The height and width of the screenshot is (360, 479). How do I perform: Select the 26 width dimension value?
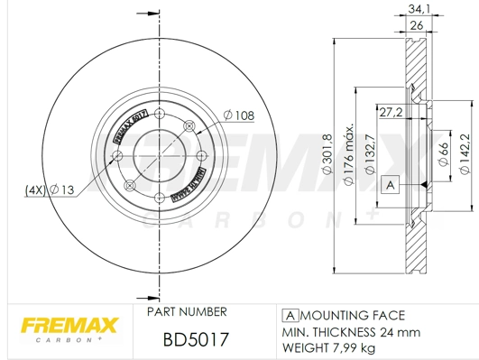pyautogui.click(x=417, y=26)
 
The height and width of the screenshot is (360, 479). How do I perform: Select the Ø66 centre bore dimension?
pyautogui.click(x=444, y=152)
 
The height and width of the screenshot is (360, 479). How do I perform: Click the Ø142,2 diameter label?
pyautogui.click(x=465, y=154)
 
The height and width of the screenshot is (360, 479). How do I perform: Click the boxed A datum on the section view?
pyautogui.click(x=391, y=185)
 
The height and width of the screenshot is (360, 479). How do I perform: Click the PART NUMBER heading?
pyautogui.click(x=186, y=312)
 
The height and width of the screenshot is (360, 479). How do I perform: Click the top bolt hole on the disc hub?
pyautogui.click(x=160, y=114)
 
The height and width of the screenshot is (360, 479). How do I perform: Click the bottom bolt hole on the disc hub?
pyautogui.click(x=159, y=197)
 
